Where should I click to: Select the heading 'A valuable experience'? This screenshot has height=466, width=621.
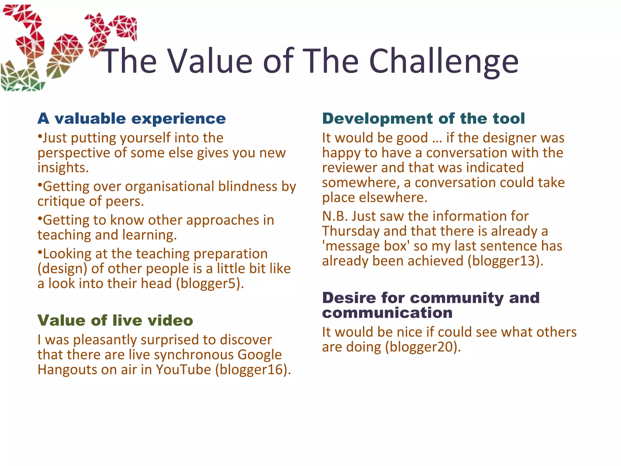(132, 119)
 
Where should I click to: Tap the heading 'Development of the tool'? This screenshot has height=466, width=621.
(423, 119)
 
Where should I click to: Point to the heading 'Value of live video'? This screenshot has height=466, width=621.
(115, 321)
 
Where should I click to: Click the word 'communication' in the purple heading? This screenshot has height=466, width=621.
(387, 313)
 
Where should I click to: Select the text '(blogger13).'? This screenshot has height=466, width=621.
(505, 261)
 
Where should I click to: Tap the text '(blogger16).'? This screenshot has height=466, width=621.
(253, 370)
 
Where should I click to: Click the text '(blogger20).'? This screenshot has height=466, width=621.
(423, 347)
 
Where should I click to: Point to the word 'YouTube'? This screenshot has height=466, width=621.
(183, 370)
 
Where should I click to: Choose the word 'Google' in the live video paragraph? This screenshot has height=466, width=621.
(260, 355)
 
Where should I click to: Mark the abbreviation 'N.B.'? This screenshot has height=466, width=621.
(335, 216)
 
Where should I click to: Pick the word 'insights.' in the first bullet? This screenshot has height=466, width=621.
(63, 168)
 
